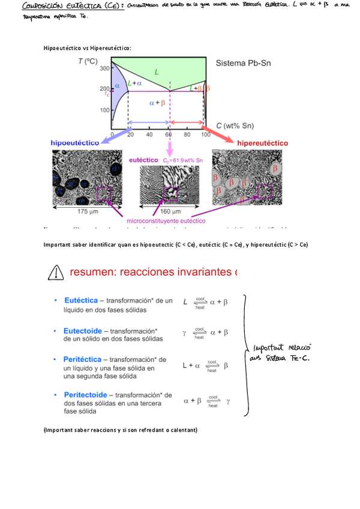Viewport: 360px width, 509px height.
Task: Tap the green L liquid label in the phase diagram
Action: (157, 72)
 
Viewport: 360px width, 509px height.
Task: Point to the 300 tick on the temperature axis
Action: (104, 68)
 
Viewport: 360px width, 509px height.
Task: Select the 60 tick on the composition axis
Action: (169, 134)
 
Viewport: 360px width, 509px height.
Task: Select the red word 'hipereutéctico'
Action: (262, 143)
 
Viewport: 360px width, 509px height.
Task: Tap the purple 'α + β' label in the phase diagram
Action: (158, 103)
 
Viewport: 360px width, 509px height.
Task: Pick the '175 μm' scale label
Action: (80, 212)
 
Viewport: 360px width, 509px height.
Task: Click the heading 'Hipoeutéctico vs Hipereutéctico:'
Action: (87, 48)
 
